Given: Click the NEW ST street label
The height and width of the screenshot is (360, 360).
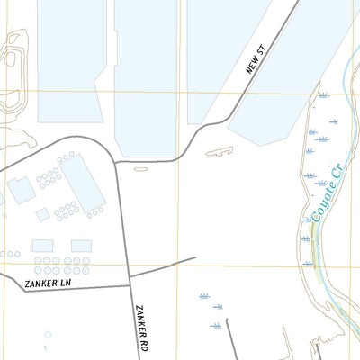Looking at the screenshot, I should pyautogui.click(x=256, y=63).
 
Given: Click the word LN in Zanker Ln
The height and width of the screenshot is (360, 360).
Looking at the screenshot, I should pyautogui.click(x=64, y=283).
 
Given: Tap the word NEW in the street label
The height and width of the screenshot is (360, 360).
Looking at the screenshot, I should pyautogui.click(x=252, y=69).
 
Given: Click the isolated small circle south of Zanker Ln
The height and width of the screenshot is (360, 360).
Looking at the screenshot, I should pyautogui.click(x=48, y=334).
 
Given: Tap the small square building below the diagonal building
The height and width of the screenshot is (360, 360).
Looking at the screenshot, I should pyautogui.click(x=42, y=214).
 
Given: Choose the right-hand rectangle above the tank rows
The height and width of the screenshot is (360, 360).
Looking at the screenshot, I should pyautogui.click(x=81, y=246).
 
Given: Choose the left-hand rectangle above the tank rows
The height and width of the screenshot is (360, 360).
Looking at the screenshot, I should pyautogui.click(x=42, y=246).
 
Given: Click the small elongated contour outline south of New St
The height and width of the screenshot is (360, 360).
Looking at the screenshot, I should pyautogui.click(x=220, y=151).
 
